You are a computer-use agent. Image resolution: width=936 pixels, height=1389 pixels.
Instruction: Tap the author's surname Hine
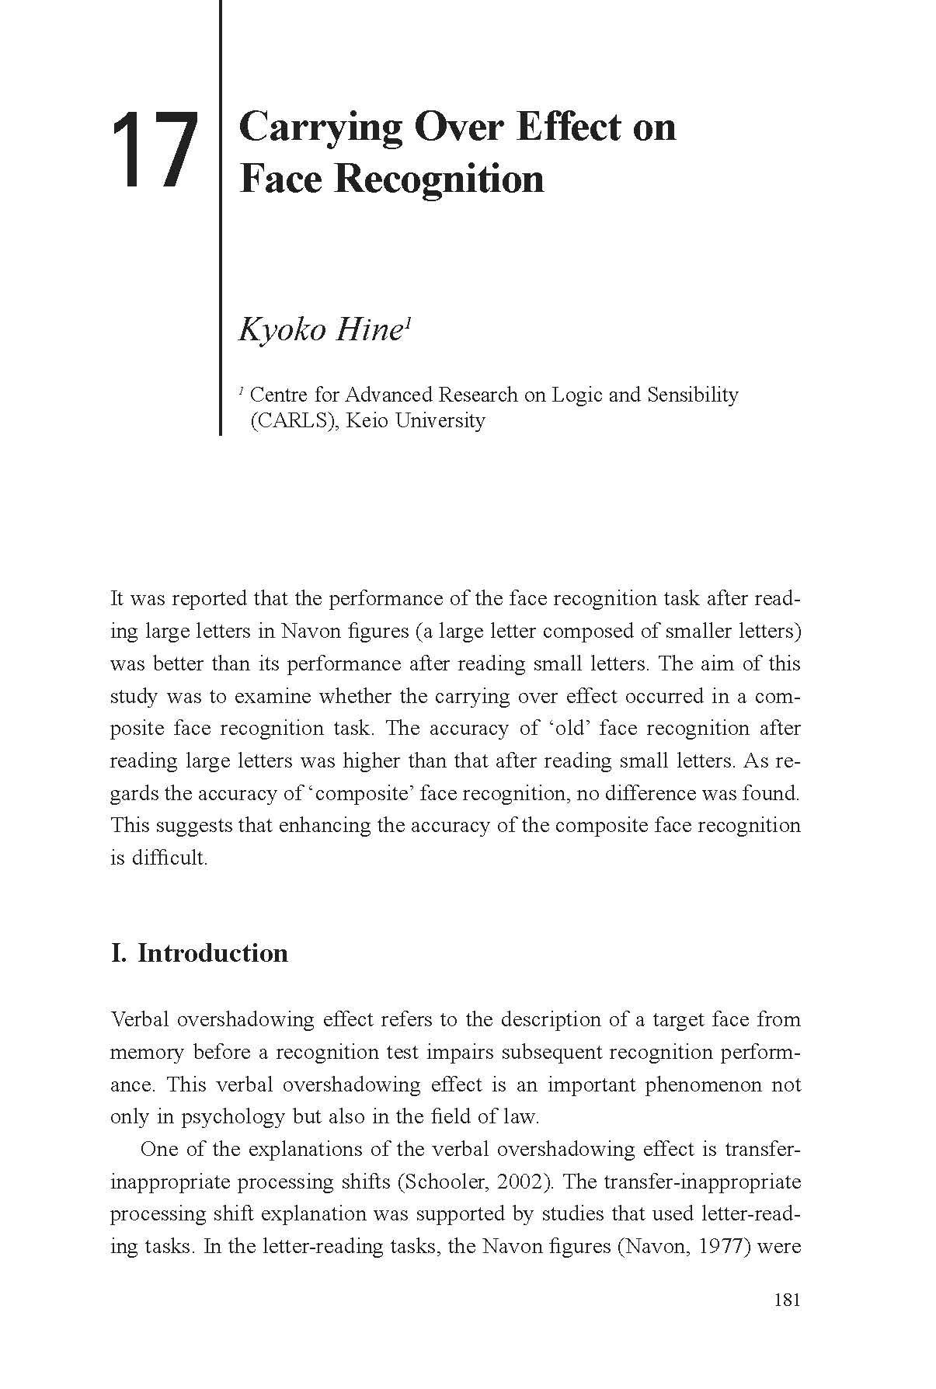click(369, 330)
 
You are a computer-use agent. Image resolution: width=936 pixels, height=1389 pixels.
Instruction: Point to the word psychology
click(233, 1117)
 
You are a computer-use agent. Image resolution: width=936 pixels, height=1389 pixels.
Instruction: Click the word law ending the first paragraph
click(521, 1116)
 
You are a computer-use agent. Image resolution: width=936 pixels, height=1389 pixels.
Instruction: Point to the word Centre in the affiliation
click(280, 395)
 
